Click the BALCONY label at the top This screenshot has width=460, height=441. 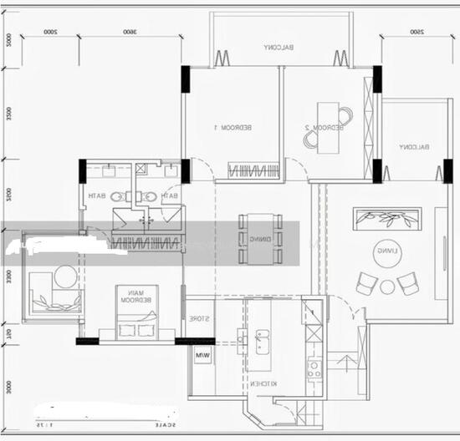click(279, 48)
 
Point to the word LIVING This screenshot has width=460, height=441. click(386, 250)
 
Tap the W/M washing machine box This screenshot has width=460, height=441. click(202, 357)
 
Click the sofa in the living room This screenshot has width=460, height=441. click(387, 219)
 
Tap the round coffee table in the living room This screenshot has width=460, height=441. click(387, 286)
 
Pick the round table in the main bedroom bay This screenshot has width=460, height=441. click(65, 275)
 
